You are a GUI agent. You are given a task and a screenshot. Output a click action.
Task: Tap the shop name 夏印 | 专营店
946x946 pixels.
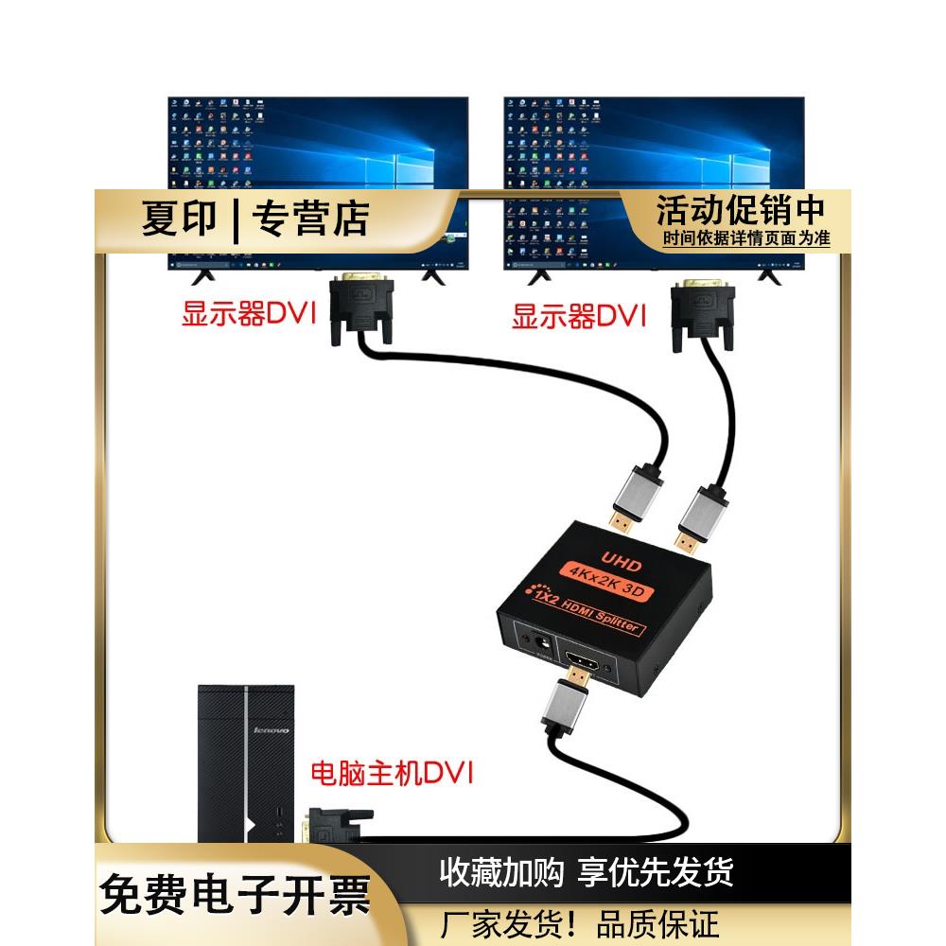[x=255, y=219]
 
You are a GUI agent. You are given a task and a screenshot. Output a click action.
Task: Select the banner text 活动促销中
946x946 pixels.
[x=741, y=209]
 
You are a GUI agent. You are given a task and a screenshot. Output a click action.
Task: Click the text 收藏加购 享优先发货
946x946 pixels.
[x=587, y=871]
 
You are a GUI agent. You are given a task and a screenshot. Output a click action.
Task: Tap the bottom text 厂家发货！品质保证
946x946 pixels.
[x=581, y=923]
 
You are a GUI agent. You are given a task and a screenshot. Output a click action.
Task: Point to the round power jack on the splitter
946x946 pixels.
[x=543, y=643]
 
